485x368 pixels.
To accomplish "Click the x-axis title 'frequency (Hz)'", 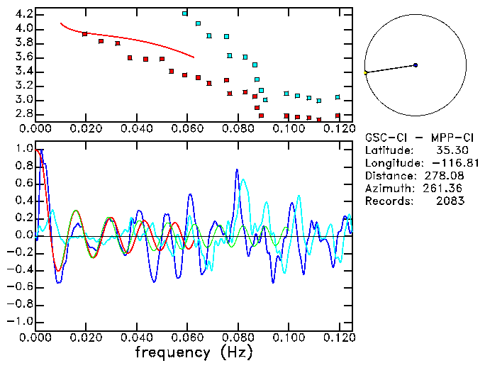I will coord(193,352).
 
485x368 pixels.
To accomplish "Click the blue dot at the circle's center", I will coord(416,65).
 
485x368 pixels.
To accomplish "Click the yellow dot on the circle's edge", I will coord(365,73).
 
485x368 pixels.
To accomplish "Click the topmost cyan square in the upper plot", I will coord(185,13).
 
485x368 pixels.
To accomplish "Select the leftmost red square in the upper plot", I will coord(85,34).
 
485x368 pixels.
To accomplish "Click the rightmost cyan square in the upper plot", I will coord(338,97).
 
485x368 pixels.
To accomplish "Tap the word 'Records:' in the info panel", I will coord(388,201).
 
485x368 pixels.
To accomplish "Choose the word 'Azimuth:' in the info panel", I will coord(388,189).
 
